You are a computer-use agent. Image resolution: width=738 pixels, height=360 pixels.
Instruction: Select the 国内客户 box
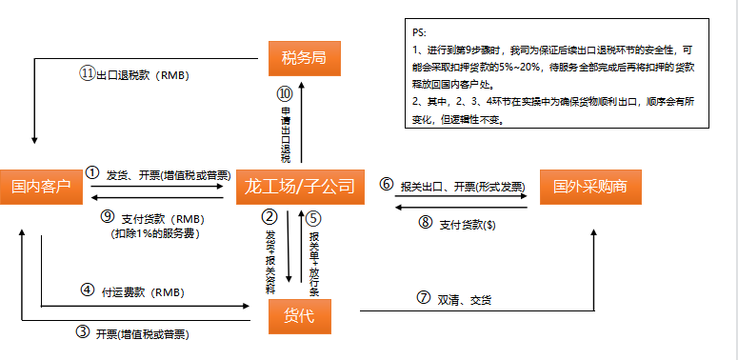(38, 184)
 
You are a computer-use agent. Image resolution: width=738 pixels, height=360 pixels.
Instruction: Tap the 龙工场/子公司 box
(299, 185)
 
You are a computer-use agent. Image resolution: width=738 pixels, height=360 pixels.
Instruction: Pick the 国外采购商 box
(590, 185)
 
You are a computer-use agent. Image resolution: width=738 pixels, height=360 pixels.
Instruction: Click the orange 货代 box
(299, 315)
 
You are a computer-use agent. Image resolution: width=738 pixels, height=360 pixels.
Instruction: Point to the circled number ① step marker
(91, 173)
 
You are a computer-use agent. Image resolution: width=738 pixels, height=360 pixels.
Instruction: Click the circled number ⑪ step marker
(87, 74)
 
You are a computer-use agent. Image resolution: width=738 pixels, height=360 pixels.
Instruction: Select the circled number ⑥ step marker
(387, 183)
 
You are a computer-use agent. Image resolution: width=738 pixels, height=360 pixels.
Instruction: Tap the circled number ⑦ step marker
(423, 296)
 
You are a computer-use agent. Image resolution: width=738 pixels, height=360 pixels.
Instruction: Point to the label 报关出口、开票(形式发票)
(461, 184)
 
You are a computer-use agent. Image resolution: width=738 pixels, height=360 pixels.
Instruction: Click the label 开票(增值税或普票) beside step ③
(140, 334)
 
